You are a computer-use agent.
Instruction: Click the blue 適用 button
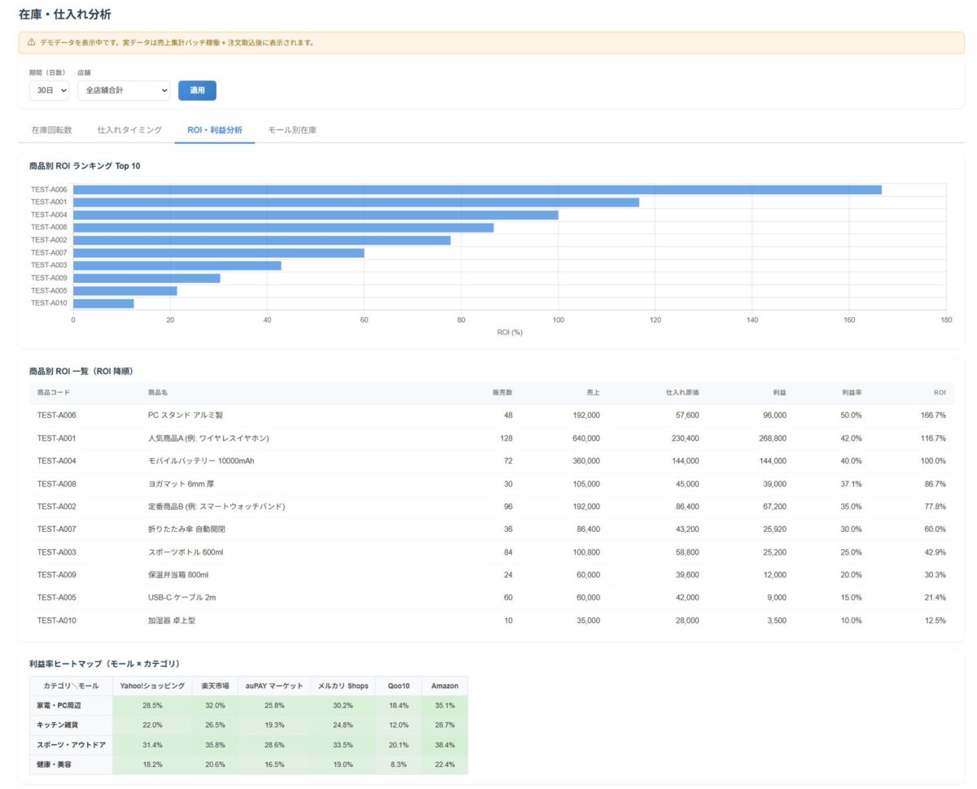tap(197, 90)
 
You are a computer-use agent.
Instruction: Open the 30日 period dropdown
tap(49, 90)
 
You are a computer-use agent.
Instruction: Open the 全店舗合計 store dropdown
tap(124, 90)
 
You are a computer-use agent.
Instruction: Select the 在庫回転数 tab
tap(51, 130)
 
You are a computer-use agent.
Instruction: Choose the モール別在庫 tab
tap(291, 130)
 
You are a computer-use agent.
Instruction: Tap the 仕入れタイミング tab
tap(129, 130)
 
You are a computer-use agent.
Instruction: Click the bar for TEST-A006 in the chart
tap(477, 190)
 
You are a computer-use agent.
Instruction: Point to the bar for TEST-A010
tap(103, 303)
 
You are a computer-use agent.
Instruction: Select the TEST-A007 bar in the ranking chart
tap(219, 253)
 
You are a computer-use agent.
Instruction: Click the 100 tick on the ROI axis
tap(558, 320)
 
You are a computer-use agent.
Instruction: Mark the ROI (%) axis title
tap(510, 332)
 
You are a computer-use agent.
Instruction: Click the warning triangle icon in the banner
tap(31, 42)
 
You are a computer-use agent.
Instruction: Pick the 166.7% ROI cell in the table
tap(932, 415)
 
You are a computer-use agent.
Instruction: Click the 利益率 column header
tap(852, 392)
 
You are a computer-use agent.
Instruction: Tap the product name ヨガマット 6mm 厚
tap(181, 484)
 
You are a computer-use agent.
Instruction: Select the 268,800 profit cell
tap(773, 438)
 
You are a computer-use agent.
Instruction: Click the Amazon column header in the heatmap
tap(445, 686)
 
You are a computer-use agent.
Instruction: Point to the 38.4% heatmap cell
tap(445, 744)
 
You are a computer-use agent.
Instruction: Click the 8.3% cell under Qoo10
tap(398, 765)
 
